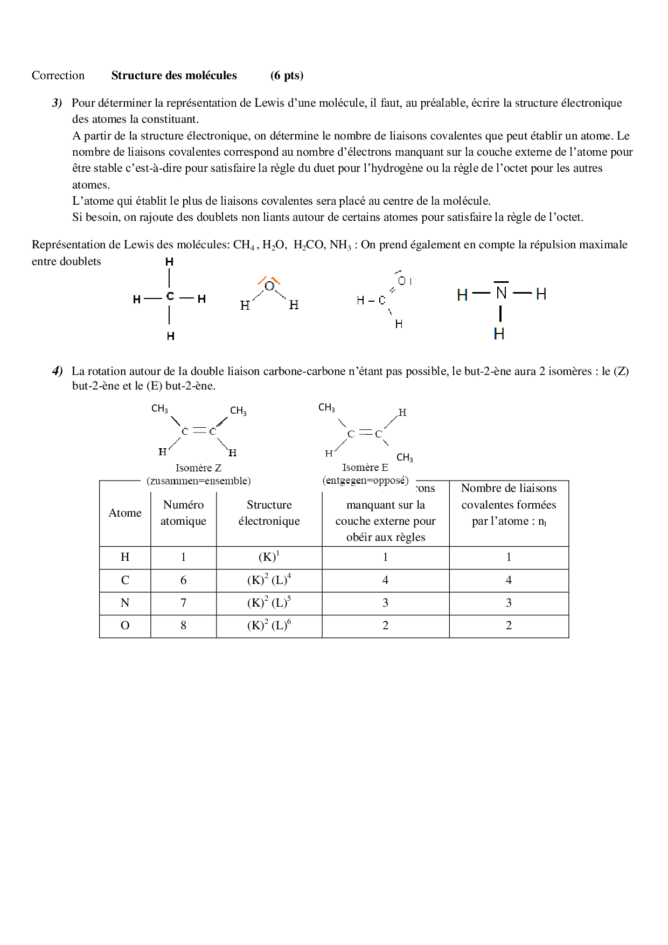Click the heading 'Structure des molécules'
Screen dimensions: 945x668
173,75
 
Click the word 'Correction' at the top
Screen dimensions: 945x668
58,75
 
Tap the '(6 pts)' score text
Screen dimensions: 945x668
287,75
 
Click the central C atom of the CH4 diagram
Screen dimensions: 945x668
170,296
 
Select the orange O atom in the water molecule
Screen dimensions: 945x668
269,287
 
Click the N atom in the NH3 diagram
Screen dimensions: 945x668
501,293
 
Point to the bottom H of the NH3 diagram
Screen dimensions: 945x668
499,334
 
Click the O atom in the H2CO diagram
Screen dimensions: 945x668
402,281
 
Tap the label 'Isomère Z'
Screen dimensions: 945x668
198,468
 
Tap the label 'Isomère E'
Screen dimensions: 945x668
365,468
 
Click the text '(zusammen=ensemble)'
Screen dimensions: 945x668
198,481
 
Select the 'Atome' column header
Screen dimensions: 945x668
125,513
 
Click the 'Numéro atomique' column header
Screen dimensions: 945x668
183,513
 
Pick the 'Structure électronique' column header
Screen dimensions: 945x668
269,513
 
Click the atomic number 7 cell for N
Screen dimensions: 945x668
183,603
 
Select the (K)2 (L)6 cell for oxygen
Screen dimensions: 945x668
269,626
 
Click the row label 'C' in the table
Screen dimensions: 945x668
125,580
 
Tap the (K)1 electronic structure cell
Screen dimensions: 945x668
269,557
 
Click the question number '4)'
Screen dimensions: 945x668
58,371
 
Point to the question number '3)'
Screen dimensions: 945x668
58,103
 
